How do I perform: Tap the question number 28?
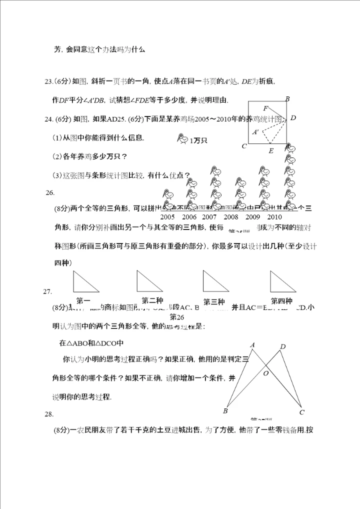(48, 414)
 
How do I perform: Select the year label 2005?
(167, 217)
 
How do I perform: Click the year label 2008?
(231, 217)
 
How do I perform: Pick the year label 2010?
(274, 217)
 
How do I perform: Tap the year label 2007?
(209, 217)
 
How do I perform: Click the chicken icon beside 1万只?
(183, 140)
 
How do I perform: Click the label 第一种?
(83, 301)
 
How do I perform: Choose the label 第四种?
(281, 301)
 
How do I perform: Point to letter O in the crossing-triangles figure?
(266, 373)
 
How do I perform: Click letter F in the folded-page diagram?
(265, 108)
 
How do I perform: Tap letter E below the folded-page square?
(271, 150)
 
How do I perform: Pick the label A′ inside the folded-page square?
(255, 132)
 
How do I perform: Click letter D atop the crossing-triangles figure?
(283, 346)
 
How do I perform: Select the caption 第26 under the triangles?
(177, 317)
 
